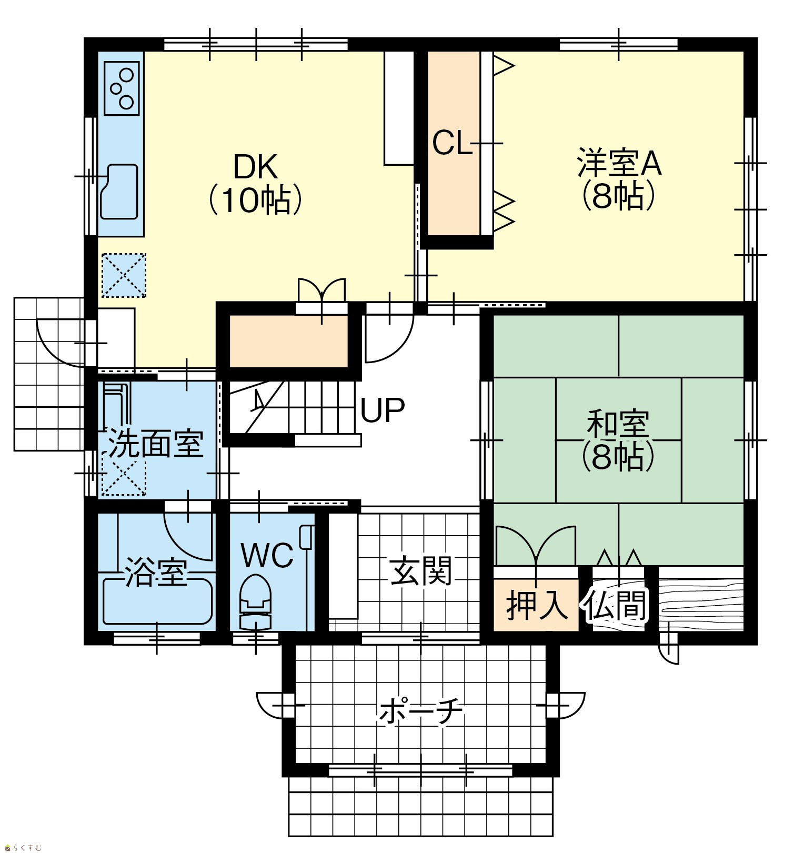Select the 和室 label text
pyautogui.click(x=618, y=424)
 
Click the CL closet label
pyautogui.click(x=452, y=143)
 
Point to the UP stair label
pyautogui.click(x=383, y=410)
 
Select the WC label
pyautogui.click(x=267, y=555)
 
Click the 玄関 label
pyautogui.click(x=421, y=571)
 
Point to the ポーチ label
pyautogui.click(x=421, y=712)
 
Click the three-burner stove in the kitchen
pyautogui.click(x=122, y=88)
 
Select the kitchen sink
pyautogui.click(x=119, y=192)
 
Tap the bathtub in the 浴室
pyautogui.click(x=157, y=601)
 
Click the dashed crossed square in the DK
pyautogui.click(x=124, y=275)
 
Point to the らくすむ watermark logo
pyautogui.click(x=23, y=847)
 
